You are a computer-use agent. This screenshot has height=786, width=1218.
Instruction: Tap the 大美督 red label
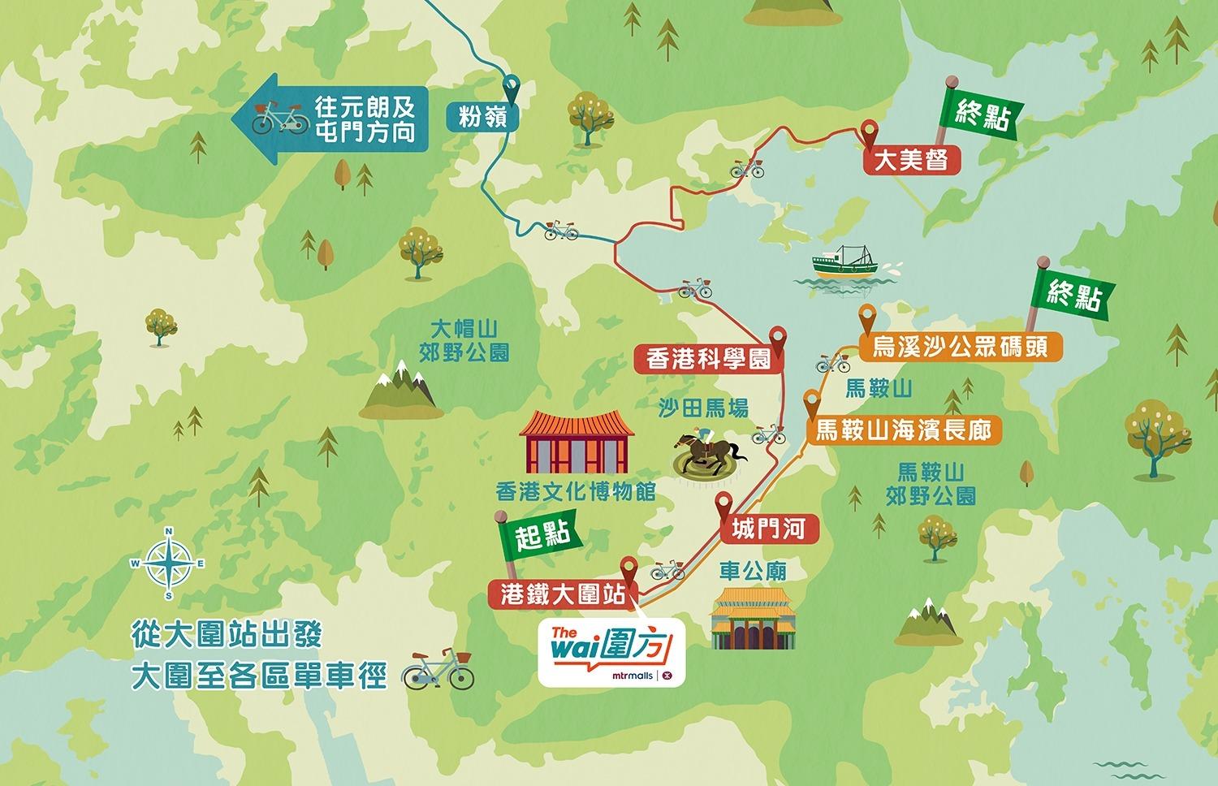(910, 160)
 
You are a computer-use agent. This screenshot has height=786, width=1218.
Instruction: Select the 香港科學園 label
(709, 358)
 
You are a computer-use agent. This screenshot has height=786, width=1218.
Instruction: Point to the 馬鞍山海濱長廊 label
(903, 430)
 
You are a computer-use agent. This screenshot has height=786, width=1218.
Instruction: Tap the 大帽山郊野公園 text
(464, 340)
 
